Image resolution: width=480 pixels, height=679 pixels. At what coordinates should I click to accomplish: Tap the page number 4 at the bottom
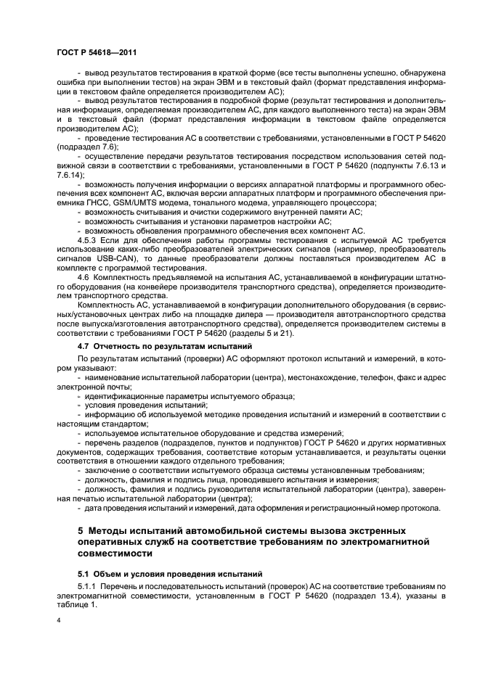57,621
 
